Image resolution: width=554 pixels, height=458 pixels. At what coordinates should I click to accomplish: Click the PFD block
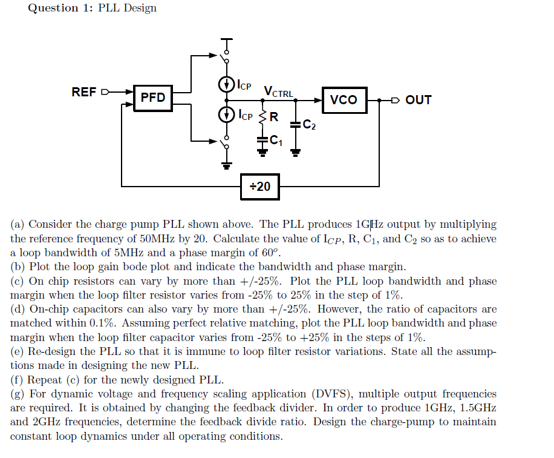click(x=153, y=98)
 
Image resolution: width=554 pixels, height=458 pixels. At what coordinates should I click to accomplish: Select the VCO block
click(x=344, y=100)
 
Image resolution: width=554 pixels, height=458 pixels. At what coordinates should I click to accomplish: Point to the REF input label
click(x=83, y=93)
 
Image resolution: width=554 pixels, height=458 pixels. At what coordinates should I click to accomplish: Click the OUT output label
click(x=419, y=100)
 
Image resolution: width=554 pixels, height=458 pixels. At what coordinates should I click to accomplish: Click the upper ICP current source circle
click(x=226, y=84)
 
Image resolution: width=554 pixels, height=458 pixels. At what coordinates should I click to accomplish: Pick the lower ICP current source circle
click(x=226, y=114)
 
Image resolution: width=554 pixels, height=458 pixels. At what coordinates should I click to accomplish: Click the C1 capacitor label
click(x=276, y=141)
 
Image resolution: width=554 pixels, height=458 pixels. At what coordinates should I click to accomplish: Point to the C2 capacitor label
click(x=309, y=125)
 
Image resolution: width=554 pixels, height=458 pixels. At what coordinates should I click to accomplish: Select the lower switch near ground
click(x=226, y=144)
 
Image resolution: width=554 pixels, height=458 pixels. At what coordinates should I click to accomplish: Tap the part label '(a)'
click(x=18, y=225)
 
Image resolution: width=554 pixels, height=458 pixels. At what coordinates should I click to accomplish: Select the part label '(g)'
click(x=18, y=394)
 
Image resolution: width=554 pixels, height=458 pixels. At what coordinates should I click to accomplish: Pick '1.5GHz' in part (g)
click(x=478, y=408)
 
